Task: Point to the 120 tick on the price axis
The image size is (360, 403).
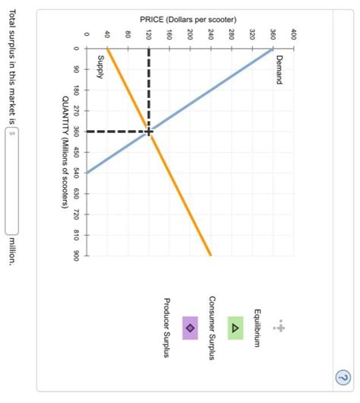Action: tap(148, 35)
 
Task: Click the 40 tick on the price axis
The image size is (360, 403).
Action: tap(107, 35)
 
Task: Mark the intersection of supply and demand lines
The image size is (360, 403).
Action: tap(148, 132)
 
